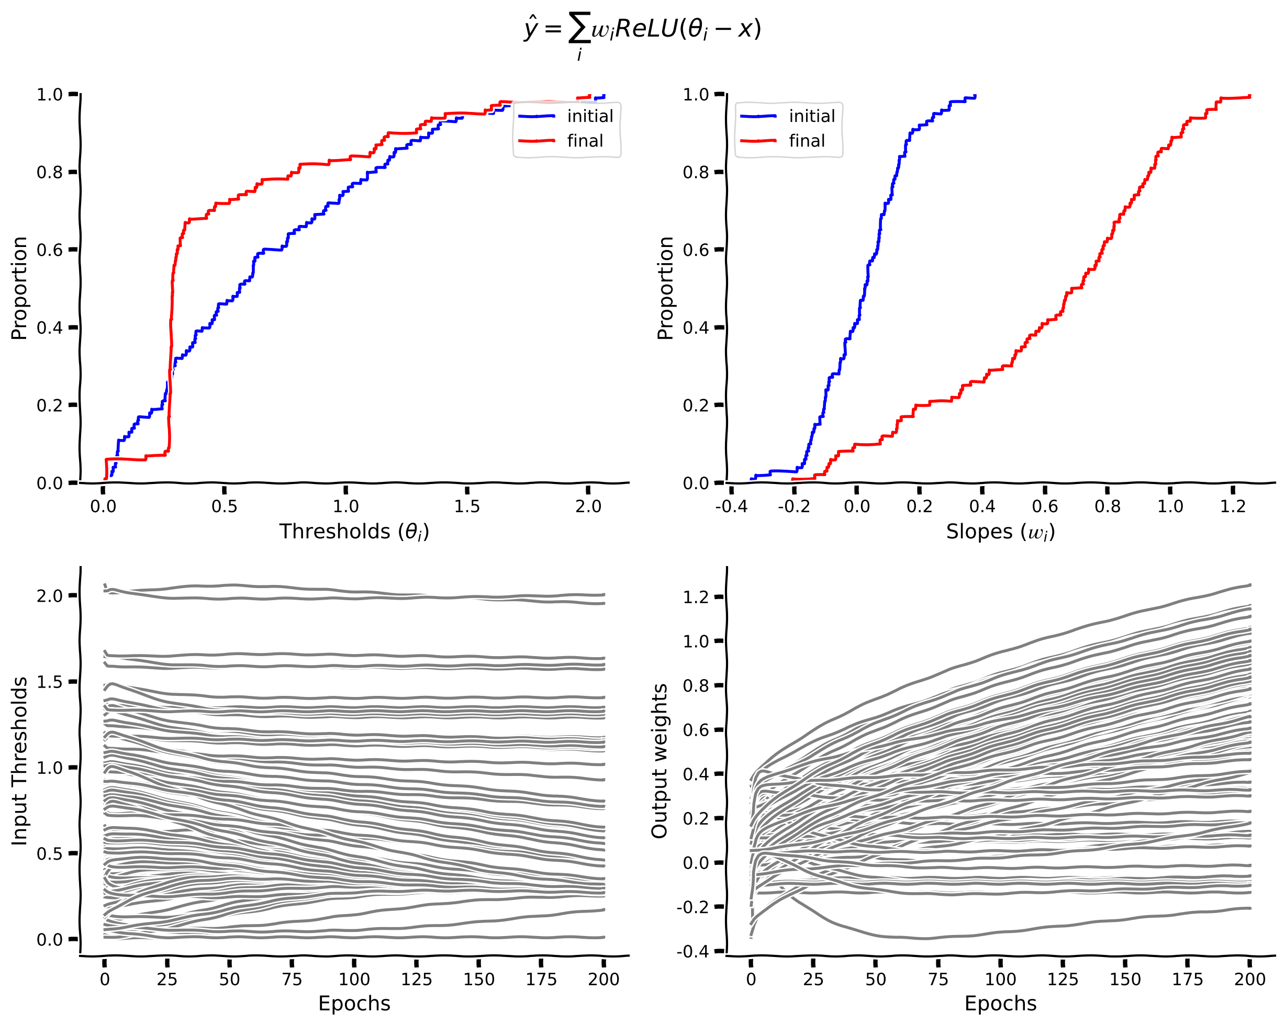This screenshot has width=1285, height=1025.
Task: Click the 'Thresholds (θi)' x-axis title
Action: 354,532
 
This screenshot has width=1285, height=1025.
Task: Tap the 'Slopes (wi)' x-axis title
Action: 1000,532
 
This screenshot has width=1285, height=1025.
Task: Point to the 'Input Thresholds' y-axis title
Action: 20,761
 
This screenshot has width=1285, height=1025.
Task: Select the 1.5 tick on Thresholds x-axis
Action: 467,506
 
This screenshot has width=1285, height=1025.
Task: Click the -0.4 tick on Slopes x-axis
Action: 731,506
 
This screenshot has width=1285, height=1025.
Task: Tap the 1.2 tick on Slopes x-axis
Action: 1233,506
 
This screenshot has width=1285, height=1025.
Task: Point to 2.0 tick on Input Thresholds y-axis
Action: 50,596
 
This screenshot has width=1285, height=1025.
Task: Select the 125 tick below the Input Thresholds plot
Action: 416,979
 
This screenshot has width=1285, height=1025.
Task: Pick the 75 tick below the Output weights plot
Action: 938,979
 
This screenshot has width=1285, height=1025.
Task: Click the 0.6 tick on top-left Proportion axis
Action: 50,250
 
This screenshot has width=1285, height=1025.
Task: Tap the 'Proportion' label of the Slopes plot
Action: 665,288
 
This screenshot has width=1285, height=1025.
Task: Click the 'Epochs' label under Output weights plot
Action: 1000,1004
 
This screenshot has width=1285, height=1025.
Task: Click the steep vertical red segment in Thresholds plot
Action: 171,357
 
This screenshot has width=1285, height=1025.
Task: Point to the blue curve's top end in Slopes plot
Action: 974,96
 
